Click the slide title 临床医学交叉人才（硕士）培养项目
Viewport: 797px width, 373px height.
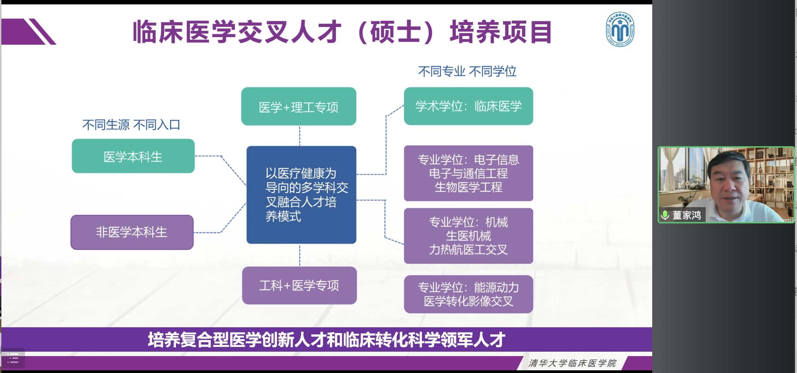342,32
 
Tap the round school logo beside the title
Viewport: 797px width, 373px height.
620,29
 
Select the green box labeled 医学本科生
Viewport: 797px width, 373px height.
133,156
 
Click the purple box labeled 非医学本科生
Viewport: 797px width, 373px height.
132,233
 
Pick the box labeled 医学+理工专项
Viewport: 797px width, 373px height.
299,107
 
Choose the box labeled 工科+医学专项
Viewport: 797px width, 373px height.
299,286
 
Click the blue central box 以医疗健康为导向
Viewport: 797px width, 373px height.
301,195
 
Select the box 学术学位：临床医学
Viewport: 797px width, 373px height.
469,106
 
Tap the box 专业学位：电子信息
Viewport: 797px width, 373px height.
469,173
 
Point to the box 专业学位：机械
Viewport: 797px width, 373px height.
469,236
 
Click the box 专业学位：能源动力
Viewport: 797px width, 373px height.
469,294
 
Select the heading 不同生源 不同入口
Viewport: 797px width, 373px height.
131,125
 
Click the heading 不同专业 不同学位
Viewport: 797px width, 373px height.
467,71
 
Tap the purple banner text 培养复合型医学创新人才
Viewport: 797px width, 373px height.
326,340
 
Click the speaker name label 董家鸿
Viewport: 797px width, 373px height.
686,215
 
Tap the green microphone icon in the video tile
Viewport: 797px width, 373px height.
665,215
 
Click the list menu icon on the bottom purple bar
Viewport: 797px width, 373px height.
13,358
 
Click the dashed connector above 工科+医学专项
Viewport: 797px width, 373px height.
300,256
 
